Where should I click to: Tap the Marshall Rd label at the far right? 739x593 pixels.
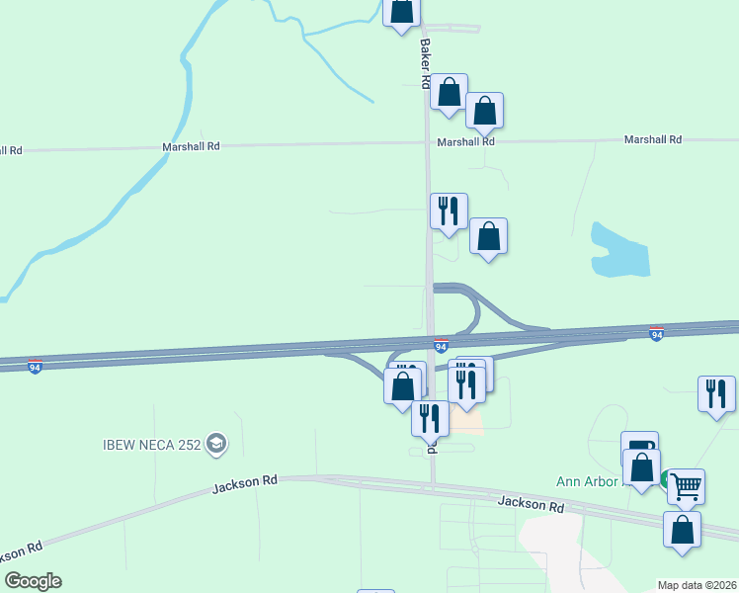pos(652,140)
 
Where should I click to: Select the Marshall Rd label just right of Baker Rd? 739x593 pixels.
pos(467,141)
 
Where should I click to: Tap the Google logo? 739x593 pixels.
pos(33,581)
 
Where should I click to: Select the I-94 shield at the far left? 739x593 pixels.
pos(35,366)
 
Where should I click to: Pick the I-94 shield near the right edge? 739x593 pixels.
pos(656,334)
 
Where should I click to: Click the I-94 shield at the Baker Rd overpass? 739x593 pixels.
pos(441,345)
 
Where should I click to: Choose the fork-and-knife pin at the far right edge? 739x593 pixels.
pos(716,393)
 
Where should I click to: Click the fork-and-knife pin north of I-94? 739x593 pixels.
pos(449,211)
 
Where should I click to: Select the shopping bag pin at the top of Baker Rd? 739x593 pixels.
pos(401,11)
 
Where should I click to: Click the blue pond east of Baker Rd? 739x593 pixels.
pos(619,250)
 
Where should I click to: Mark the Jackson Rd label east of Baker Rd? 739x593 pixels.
pos(531,504)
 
